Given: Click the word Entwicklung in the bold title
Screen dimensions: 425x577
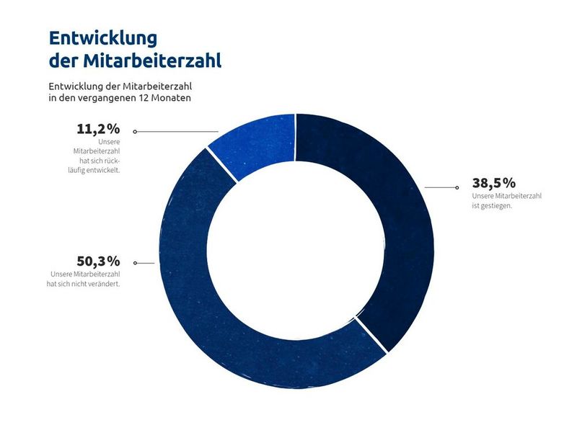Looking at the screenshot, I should [x=102, y=37].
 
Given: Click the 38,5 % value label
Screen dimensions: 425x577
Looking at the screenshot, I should [x=494, y=183].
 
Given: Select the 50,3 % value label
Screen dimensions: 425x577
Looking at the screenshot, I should [x=98, y=261].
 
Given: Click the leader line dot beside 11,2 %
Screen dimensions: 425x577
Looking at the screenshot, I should [x=135, y=132].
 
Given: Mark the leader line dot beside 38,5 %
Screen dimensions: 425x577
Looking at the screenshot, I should [x=457, y=187].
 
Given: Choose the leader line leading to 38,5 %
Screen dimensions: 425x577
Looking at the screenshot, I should [x=440, y=187].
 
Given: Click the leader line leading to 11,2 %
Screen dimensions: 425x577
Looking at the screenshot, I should [x=177, y=132].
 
